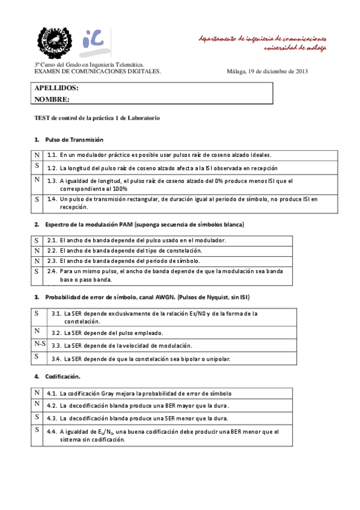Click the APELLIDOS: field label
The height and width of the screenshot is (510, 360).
coord(56,88)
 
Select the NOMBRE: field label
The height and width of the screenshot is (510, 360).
coord(52,99)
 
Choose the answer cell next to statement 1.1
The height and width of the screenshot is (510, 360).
coord(37,155)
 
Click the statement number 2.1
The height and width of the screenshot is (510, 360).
coord(52,241)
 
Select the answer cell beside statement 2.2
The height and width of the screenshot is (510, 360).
coord(37,250)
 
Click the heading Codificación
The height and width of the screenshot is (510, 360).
coord(63,376)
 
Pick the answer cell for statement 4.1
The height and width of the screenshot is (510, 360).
coord(37,393)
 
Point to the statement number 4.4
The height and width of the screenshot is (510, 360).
coord(52,432)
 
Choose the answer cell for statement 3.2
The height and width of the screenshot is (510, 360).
coord(37,331)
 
